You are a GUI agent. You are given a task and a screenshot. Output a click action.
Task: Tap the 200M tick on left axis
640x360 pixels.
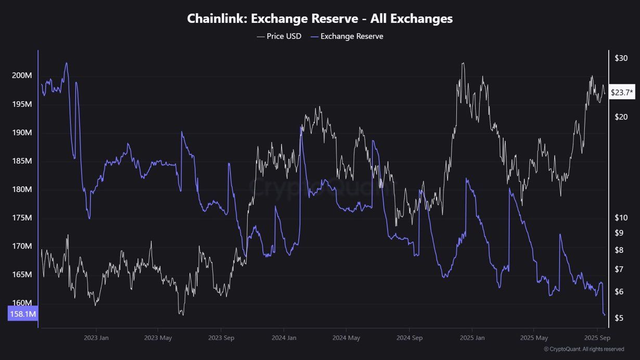click(22, 76)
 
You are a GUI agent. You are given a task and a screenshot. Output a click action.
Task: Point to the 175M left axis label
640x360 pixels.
click(22, 218)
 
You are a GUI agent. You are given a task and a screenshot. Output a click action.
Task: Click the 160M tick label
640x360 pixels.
click(22, 303)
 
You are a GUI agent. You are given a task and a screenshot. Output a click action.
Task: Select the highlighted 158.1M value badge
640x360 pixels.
click(23, 314)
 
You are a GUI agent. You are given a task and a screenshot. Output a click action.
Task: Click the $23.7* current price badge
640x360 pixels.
click(622, 93)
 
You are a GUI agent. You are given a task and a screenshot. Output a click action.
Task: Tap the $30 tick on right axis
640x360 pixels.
click(621, 58)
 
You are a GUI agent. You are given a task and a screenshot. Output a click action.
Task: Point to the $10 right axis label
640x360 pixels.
click(621, 217)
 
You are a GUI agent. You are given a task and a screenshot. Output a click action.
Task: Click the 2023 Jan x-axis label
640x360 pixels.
click(97, 338)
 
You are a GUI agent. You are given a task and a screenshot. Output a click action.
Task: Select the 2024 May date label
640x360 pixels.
click(347, 338)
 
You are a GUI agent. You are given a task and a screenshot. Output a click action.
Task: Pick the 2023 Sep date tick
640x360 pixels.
click(221, 338)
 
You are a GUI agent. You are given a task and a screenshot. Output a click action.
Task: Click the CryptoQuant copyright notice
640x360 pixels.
click(584, 349)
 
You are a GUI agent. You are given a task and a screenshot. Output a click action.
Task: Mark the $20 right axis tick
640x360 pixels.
click(621, 117)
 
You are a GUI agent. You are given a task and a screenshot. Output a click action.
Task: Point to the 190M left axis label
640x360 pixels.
click(22, 133)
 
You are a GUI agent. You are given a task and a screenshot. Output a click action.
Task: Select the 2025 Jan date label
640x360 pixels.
click(472, 338)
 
